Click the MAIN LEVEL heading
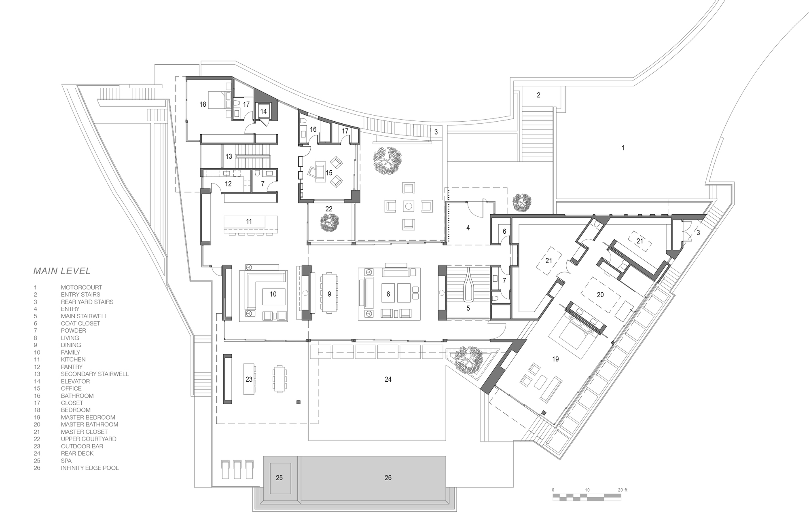(62, 271)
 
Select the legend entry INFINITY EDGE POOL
(90, 468)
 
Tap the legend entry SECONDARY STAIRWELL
(95, 374)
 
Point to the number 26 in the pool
(388, 478)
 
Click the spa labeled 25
(279, 478)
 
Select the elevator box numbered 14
(263, 111)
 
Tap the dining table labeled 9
(329, 294)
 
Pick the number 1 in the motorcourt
(623, 148)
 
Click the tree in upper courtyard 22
(330, 222)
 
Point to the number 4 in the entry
(468, 228)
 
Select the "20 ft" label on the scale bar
(623, 490)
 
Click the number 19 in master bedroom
(555, 359)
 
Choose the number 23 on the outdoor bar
(249, 379)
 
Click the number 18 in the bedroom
(203, 104)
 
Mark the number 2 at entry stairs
(538, 95)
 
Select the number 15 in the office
(329, 173)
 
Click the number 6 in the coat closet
(504, 231)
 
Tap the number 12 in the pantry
(228, 184)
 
